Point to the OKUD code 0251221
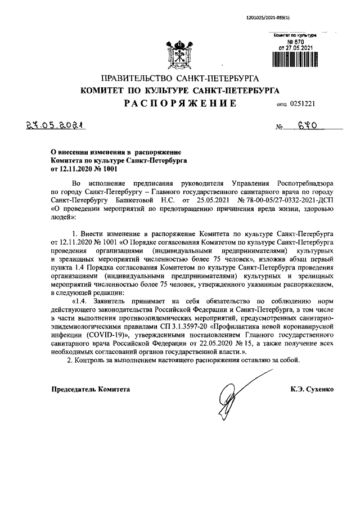pyautogui.click(x=304, y=104)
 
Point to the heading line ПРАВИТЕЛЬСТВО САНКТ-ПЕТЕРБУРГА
pyautogui.click(x=179, y=78)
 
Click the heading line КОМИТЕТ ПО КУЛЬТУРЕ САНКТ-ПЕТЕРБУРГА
pyautogui.click(x=179, y=90)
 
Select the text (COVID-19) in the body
pyautogui.click(x=104, y=334)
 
